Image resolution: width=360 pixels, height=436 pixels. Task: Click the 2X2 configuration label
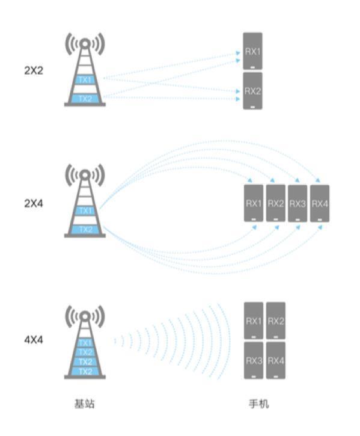pos(34,70)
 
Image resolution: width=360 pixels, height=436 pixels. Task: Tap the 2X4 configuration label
pos(34,204)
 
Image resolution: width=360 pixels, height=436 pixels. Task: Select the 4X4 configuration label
pos(34,340)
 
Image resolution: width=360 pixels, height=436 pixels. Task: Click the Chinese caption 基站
pos(85,404)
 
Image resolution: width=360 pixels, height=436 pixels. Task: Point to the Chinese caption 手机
pos(259,404)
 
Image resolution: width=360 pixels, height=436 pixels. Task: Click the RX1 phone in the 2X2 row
pos(252,51)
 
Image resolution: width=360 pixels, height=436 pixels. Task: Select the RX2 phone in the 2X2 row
pos(252,91)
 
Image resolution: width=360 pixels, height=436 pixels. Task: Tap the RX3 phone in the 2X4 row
pos(297,203)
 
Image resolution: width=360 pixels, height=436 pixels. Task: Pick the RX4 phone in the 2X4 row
pos(320,203)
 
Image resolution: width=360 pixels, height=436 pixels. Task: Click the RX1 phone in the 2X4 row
pos(254,203)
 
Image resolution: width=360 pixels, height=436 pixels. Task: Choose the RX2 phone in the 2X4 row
pos(276,203)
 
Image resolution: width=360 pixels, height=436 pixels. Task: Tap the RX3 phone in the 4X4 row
pos(254,361)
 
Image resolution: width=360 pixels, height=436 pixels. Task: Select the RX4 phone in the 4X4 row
pos(276,361)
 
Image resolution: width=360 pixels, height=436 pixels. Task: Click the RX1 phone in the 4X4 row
pos(254,321)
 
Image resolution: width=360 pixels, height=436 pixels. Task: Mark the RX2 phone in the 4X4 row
pos(276,321)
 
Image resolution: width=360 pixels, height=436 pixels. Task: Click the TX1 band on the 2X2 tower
pos(85,80)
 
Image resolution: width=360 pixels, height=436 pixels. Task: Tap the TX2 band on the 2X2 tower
pos(85,99)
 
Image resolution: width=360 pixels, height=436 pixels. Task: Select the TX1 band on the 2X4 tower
pos(85,210)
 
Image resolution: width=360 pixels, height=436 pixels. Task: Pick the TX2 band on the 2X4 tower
pos(85,230)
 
